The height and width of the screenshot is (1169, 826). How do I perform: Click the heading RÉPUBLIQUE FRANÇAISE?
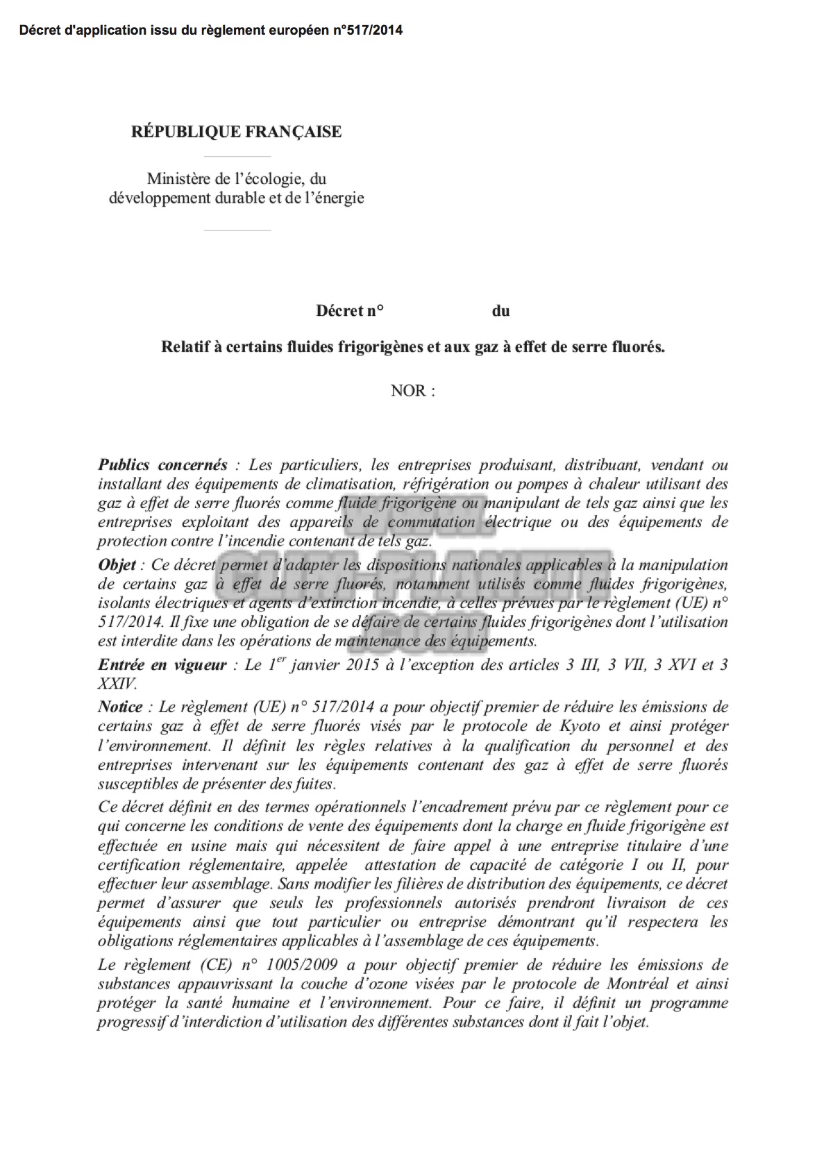(x=236, y=132)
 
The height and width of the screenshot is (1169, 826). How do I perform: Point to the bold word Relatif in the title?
(x=182, y=346)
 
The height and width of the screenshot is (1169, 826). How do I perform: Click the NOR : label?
(x=413, y=390)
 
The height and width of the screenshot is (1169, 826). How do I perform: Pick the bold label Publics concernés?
(x=162, y=464)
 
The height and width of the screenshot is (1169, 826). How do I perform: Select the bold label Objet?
(x=117, y=564)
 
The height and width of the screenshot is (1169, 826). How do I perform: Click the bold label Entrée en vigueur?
(x=162, y=664)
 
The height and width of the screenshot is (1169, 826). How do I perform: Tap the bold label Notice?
(x=119, y=707)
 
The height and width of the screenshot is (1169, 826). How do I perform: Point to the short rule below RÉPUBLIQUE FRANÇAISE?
(x=237, y=156)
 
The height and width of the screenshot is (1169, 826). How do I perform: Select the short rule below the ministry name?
(x=237, y=230)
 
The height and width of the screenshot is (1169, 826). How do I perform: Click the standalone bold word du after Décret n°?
(x=500, y=310)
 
